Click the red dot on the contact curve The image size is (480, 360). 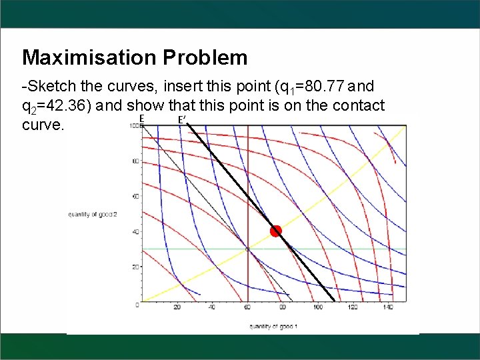click(276, 231)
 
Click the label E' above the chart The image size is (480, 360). click(181, 120)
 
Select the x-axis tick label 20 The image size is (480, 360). click(177, 307)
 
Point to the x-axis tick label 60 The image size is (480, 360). click(247, 307)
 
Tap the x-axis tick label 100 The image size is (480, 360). click(317, 307)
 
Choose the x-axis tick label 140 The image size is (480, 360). click(387, 307)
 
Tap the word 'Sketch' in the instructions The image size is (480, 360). click(49, 87)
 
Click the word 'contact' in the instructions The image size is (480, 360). click(361, 105)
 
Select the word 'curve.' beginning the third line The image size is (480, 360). click(43, 125)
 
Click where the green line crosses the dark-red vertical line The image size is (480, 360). click(248, 249)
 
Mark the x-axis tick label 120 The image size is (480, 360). click(353, 307)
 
